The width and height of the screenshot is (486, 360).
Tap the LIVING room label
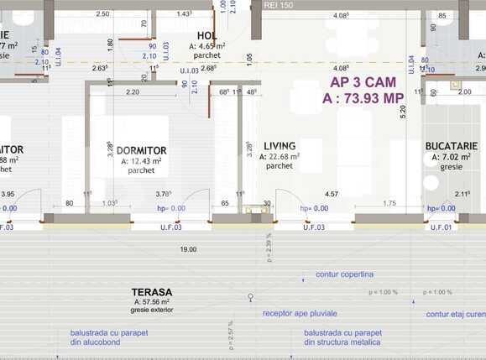[x=280, y=145]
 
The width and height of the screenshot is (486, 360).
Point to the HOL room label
[x=208, y=34]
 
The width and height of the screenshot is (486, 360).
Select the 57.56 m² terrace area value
[x=151, y=301]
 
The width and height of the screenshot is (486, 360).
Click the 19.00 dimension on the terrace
[x=188, y=249]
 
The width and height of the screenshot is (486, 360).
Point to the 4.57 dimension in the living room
[x=331, y=194]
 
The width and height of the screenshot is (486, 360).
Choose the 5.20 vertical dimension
[x=403, y=109]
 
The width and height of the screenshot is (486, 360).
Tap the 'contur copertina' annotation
[x=344, y=274]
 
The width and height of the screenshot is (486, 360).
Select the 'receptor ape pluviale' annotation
[x=298, y=313]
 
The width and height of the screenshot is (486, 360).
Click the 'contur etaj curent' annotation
[x=455, y=315]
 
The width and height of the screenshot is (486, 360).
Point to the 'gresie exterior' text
[x=151, y=310]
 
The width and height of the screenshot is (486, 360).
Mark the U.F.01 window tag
[x=441, y=227]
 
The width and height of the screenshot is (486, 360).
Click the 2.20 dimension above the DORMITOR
[x=133, y=91]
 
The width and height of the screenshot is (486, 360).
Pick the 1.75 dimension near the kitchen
[x=389, y=203]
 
